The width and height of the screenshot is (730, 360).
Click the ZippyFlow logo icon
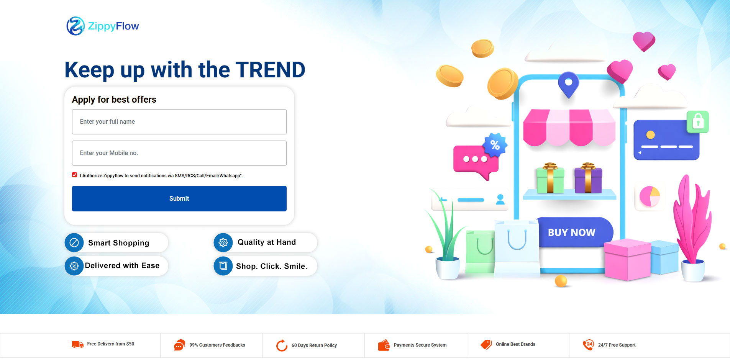coord(75,26)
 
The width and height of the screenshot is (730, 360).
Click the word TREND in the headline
coord(271,70)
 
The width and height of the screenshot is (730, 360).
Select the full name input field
coord(179,122)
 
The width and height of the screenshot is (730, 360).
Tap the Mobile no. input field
coord(179,153)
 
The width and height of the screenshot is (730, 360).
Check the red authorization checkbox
coord(75,175)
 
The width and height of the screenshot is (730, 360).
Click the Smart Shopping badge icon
coord(74,242)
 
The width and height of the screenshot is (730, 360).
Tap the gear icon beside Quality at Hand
coord(223,242)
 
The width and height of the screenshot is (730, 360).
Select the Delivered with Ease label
coord(122,265)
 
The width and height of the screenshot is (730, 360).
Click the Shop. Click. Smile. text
coord(272,266)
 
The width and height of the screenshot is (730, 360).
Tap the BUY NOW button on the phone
coord(572,232)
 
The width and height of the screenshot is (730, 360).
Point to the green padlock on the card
coord(698,122)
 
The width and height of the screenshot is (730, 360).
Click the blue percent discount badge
coord(495,145)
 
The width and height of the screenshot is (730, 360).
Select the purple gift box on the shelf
coord(588,178)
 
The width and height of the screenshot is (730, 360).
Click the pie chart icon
coord(650,196)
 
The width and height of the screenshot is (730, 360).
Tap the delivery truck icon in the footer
coord(78,344)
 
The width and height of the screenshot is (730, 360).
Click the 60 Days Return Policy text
coord(314,345)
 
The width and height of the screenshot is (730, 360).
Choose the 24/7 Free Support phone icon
coord(588,345)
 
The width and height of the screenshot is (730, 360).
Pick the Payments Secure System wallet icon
coord(384,345)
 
